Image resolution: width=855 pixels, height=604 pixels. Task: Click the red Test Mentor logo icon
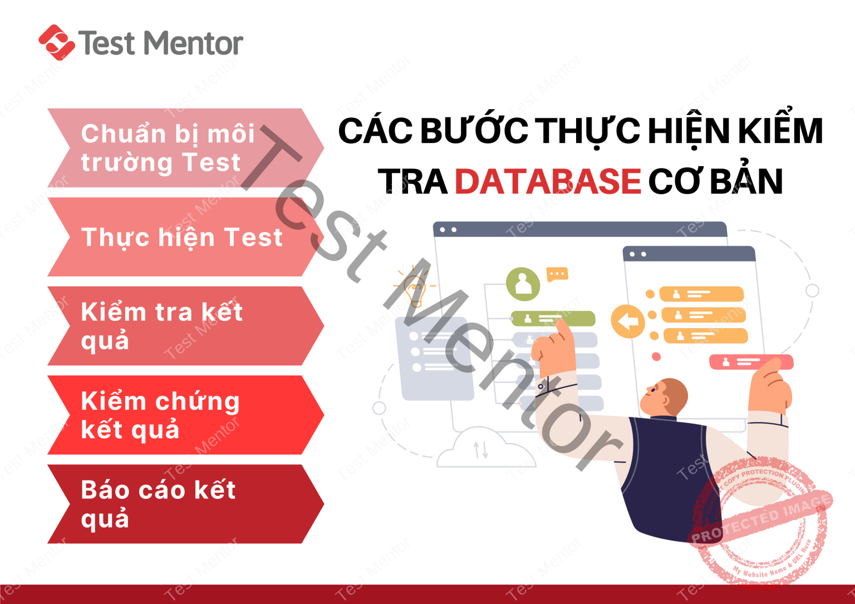click(56, 42)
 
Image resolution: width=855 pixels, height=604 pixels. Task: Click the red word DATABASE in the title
click(548, 181)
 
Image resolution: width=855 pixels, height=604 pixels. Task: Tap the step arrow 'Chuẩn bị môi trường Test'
click(178, 148)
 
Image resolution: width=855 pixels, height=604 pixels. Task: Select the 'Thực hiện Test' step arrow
click(178, 237)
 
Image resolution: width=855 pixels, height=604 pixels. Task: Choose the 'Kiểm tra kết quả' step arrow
click(178, 326)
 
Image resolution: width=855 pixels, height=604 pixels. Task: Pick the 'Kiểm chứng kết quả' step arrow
click(178, 415)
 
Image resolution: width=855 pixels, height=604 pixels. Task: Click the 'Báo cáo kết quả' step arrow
click(178, 504)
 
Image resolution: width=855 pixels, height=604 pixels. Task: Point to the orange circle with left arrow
click(628, 321)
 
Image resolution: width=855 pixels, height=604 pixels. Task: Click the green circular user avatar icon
click(523, 284)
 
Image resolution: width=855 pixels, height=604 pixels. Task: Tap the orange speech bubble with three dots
click(557, 274)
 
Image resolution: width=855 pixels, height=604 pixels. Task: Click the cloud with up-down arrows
click(480, 448)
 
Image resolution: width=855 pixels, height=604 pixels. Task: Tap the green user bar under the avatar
click(552, 319)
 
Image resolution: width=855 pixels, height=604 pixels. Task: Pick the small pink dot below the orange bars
click(656, 357)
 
